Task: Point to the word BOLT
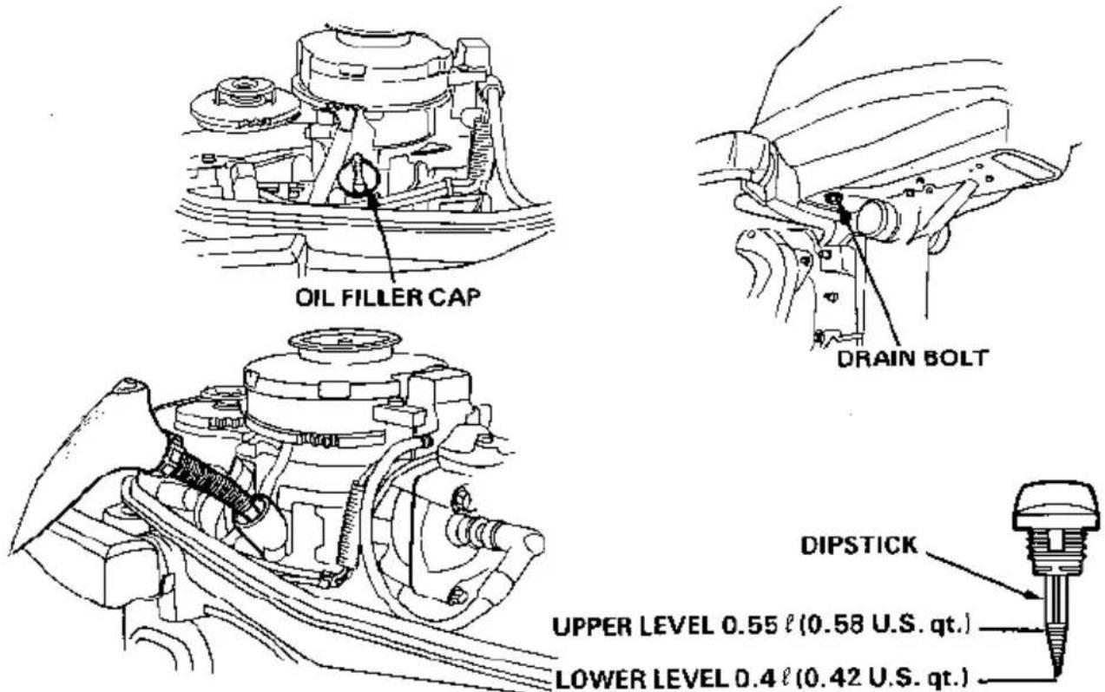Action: click(955, 358)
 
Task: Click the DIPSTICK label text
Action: click(858, 545)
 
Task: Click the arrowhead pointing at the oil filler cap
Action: click(372, 198)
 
